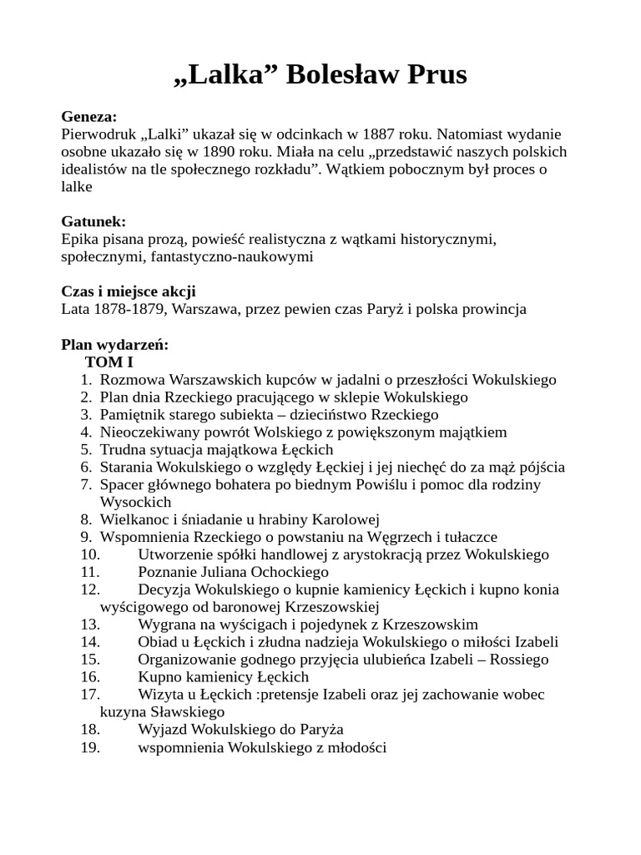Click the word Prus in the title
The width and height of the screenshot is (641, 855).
(x=434, y=74)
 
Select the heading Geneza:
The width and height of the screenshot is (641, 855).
(x=89, y=116)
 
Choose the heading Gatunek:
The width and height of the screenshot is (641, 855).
(x=93, y=221)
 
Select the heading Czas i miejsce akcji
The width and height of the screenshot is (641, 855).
(x=129, y=291)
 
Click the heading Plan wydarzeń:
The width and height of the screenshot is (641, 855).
(x=115, y=344)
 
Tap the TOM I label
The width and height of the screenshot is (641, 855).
(x=109, y=362)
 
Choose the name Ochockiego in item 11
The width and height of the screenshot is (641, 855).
(x=292, y=572)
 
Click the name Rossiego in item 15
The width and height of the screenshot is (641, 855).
(x=519, y=660)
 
